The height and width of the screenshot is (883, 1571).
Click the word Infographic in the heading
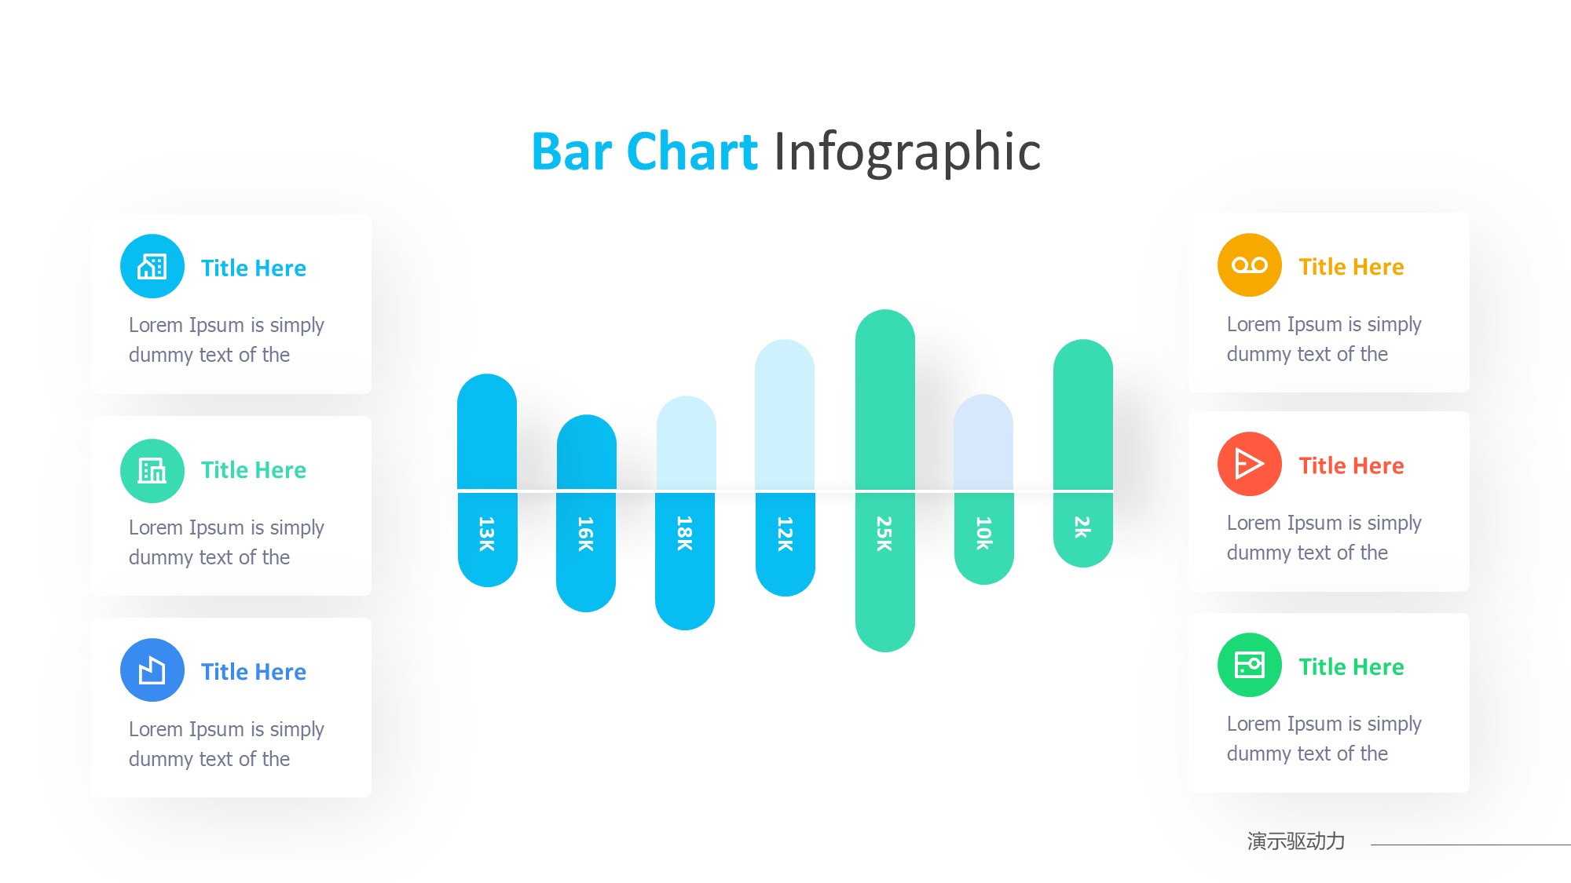[907, 152]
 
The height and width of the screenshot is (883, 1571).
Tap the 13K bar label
[487, 534]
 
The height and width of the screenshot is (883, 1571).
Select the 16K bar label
[586, 534]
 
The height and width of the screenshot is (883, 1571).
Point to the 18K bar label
[685, 534]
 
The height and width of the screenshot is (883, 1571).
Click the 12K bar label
[785, 534]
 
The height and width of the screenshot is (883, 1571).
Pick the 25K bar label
[884, 534]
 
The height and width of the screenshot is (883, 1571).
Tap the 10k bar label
[984, 533]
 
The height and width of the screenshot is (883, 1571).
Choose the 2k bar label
[1083, 527]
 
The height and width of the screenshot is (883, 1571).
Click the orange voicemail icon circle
[1250, 265]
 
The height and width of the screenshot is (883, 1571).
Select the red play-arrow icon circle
[1250, 464]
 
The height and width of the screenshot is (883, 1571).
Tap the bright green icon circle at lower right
[1250, 665]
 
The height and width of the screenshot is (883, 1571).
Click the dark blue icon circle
[152, 670]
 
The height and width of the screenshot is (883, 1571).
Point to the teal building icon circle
[152, 471]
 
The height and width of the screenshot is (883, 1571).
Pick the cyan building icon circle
[152, 266]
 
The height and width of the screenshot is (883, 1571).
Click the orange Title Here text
[1351, 267]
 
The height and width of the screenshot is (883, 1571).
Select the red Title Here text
[1351, 465]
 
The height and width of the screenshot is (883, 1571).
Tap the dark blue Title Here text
[254, 672]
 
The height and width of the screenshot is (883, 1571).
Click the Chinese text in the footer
[1296, 841]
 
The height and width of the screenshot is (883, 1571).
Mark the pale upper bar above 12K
[785, 414]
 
